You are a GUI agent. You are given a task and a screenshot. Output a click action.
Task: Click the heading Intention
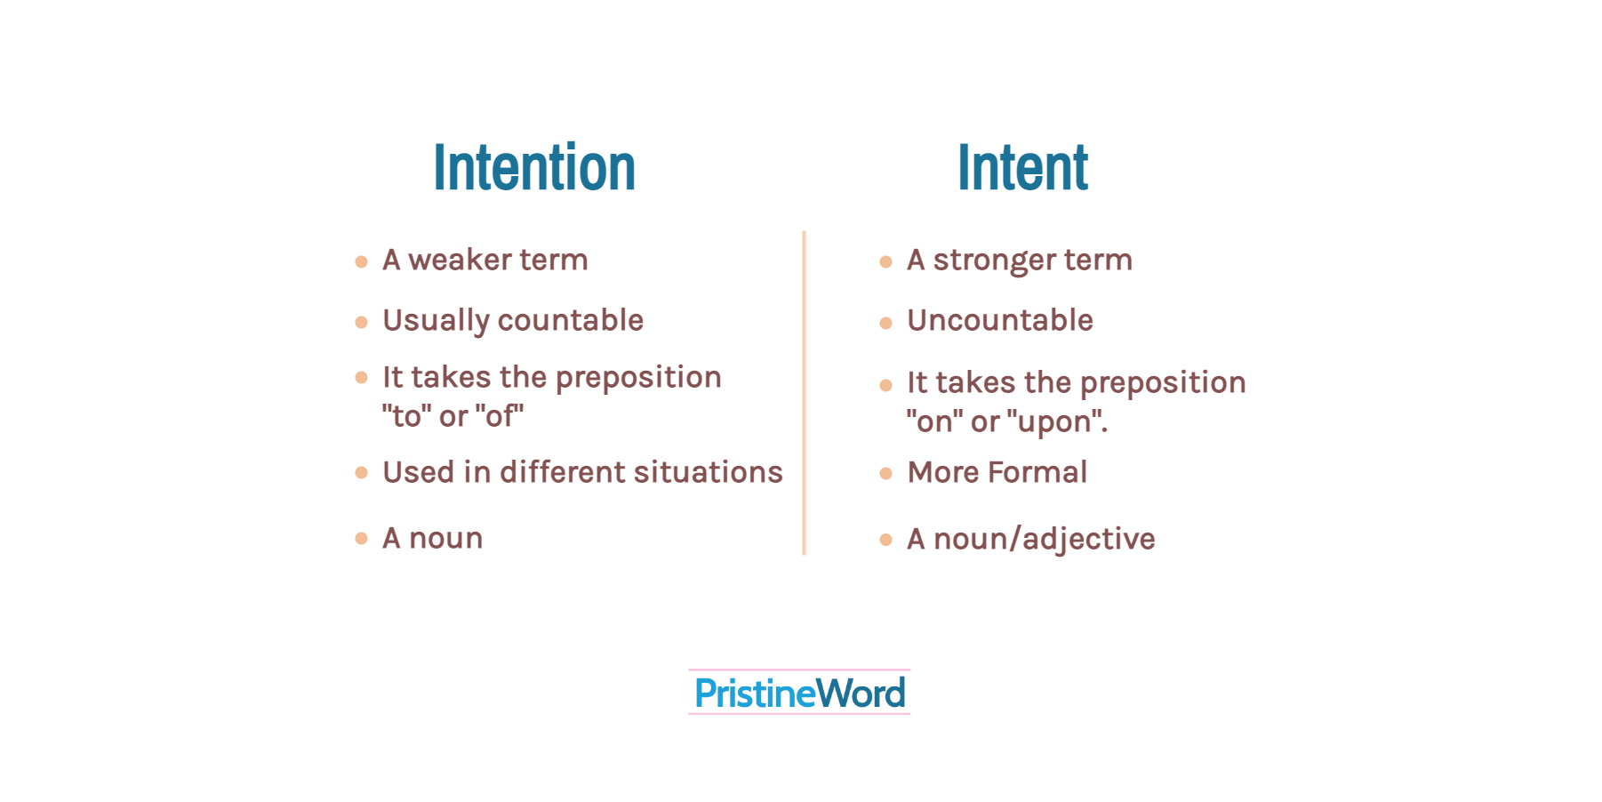pyautogui.click(x=534, y=168)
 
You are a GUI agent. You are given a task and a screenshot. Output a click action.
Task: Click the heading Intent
pyautogui.click(x=1022, y=168)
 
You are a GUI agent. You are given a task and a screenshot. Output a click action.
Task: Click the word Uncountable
pyautogui.click(x=1000, y=320)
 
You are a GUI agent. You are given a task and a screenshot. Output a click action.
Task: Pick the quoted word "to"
pyautogui.click(x=406, y=416)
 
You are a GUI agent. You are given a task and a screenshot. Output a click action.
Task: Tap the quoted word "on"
pyautogui.click(x=934, y=421)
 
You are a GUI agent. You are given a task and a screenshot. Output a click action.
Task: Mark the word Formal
pyautogui.click(x=1037, y=472)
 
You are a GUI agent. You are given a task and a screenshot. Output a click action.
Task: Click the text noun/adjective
pyautogui.click(x=1045, y=539)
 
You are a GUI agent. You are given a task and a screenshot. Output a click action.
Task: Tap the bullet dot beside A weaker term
pyautogui.click(x=361, y=261)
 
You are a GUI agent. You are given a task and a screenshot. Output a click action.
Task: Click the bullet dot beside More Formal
pyautogui.click(x=885, y=473)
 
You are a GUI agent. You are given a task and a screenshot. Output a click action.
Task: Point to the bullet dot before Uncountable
pyautogui.click(x=885, y=323)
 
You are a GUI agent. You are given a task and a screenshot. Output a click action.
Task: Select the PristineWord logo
pyautogui.click(x=799, y=693)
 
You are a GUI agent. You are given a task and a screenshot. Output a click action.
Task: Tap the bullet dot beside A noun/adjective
pyautogui.click(x=885, y=540)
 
